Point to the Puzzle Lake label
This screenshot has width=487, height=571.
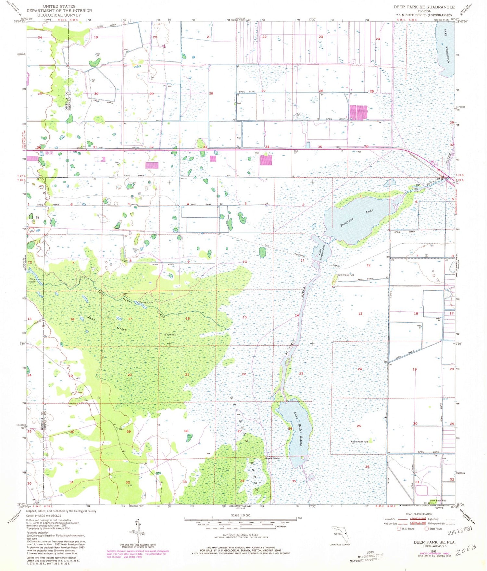pos(146,302)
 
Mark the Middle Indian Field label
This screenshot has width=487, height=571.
pos(359,442)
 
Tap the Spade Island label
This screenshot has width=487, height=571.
pos(272,458)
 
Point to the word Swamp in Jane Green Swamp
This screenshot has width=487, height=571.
pos(169,334)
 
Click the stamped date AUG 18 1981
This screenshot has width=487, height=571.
pos(459,533)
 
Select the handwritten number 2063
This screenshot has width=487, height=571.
pos(466,549)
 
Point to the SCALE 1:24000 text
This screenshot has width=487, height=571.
pos(241,515)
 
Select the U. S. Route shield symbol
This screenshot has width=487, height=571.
pos(399,528)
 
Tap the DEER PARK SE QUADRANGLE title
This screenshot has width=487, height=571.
pos(424,7)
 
